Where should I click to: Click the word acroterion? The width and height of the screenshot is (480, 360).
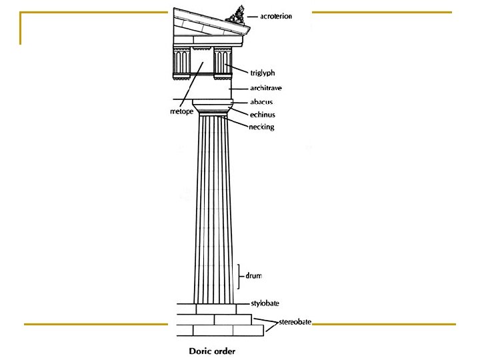pos(276,16)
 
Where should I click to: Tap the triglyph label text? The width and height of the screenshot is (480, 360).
pos(263,73)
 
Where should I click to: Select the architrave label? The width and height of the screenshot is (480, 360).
pos(266,88)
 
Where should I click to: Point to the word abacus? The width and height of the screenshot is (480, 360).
pos(261,102)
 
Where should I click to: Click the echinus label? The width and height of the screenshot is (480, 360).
pos(263,115)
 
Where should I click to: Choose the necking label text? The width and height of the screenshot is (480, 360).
pos(261,127)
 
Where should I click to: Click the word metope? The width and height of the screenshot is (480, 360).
pos(181,111)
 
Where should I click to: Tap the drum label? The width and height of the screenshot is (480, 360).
pos(253,275)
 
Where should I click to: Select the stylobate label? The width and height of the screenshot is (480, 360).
pos(265,303)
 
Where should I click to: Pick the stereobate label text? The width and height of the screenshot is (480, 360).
pos(295,322)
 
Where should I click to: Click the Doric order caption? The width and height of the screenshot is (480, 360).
pos(212,351)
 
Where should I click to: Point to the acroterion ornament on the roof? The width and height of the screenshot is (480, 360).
pos(236,15)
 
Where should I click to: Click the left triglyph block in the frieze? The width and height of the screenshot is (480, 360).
pos(182,63)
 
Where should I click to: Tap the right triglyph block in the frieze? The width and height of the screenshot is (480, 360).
pos(223,63)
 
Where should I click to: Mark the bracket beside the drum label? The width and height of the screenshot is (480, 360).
pos(239,277)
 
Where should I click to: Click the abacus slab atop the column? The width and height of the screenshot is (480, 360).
pos(213,102)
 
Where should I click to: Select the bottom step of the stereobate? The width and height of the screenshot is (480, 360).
pos(221,331)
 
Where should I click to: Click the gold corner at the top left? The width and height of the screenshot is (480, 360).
pos(21,13)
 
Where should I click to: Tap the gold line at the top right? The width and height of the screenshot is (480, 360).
pos(382,12)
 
